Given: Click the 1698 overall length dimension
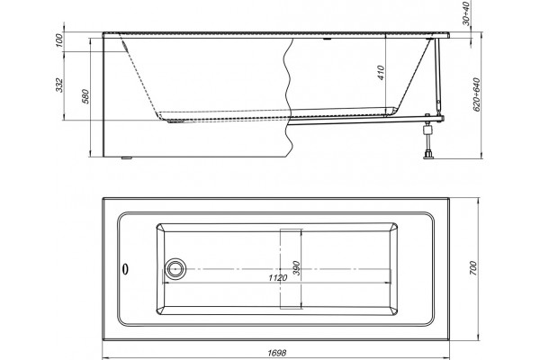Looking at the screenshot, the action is coord(276,353).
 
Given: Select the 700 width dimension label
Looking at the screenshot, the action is coord(473,268).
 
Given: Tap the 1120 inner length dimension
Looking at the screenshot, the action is coord(277,278).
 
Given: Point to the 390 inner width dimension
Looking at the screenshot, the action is coord(296,268).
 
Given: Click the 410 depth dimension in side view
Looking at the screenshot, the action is coord(381,73).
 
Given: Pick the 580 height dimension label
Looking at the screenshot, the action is coord(85,96).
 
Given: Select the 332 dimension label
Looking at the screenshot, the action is coord(59,85).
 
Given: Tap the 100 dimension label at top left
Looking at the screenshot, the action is coord(59,40).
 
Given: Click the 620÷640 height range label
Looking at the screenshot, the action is coord(477,94).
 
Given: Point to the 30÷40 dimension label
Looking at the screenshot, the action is coord(466,13).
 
